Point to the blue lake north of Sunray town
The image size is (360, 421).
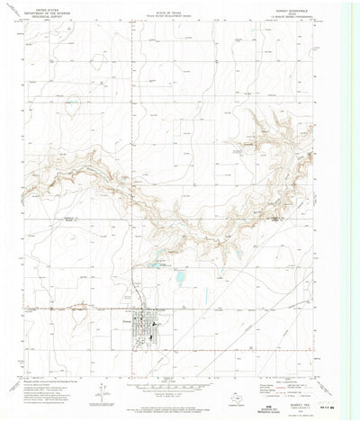point(178,280)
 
